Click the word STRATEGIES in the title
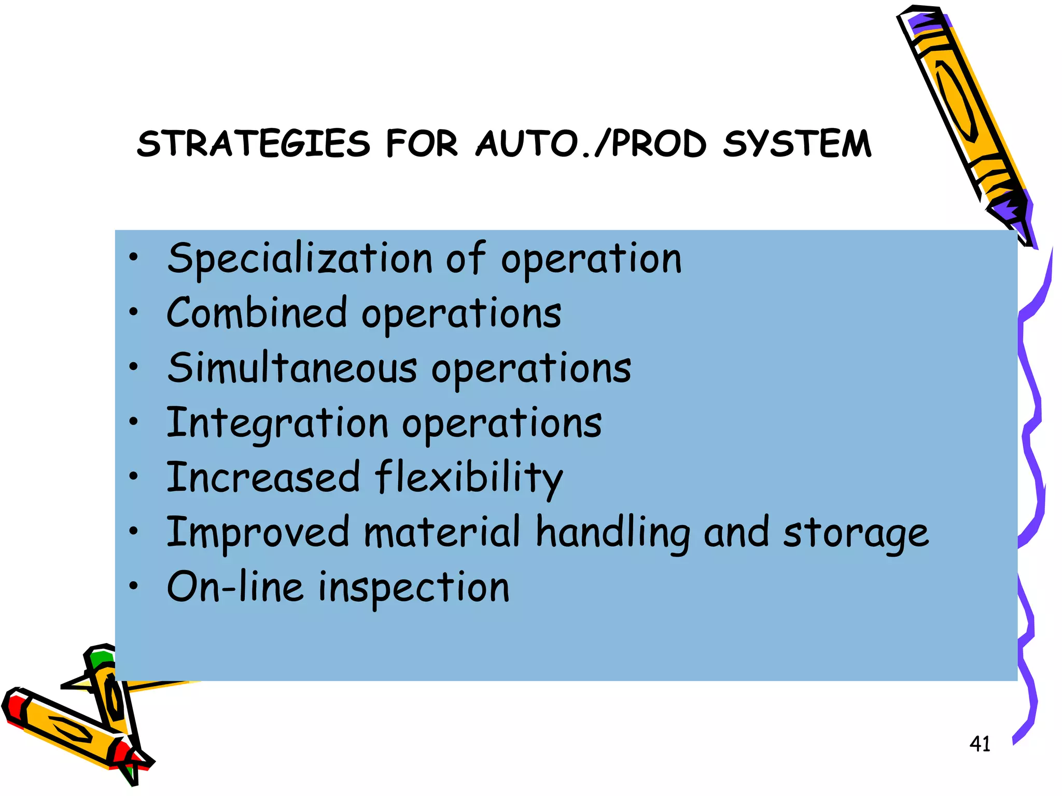254,144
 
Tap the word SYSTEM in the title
797,144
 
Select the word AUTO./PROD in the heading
591,144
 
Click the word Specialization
300,259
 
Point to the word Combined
257,313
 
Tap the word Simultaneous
292,368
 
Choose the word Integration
277,423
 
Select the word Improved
258,533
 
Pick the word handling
613,533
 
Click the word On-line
235,587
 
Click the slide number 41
980,744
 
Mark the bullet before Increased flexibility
134,475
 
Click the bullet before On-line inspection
134,586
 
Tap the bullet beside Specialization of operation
134,257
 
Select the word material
442,533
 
